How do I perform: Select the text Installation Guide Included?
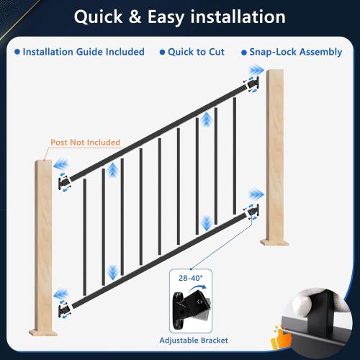[x=84, y=52]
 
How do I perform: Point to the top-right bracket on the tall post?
[x=252, y=84]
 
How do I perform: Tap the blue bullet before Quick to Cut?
[x=163, y=52]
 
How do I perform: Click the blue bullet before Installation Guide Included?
[x=17, y=52]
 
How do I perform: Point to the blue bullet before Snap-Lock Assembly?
[x=242, y=52]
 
